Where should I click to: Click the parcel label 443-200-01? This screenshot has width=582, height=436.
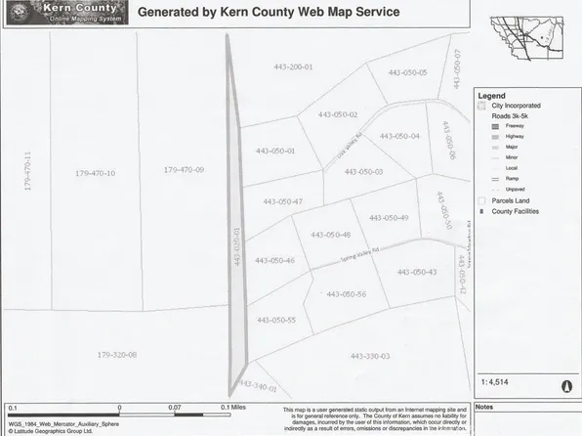point(290,66)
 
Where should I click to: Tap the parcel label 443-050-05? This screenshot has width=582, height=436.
point(407,72)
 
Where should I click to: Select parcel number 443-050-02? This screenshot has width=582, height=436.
point(334,114)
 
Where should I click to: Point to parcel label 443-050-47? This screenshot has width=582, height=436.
point(283,201)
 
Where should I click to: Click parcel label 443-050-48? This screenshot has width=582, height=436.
point(329,235)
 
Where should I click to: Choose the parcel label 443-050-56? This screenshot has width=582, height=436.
point(346,293)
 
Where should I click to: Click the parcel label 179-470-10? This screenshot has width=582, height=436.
point(95,173)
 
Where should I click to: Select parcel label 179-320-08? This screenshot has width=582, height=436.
point(117,354)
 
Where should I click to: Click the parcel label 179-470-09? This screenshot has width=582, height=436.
point(184,170)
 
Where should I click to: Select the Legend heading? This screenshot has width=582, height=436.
point(490,96)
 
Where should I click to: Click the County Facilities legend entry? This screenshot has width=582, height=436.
point(515,211)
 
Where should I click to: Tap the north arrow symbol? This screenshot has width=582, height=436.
point(564,385)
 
